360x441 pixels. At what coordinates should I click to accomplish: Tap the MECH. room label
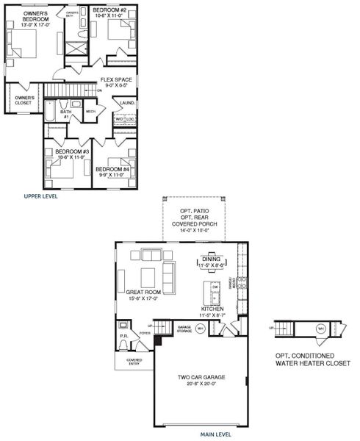click(x=91, y=112)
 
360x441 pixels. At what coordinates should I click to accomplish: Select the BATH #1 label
click(x=65, y=114)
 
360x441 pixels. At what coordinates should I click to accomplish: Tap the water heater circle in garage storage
click(x=200, y=329)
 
